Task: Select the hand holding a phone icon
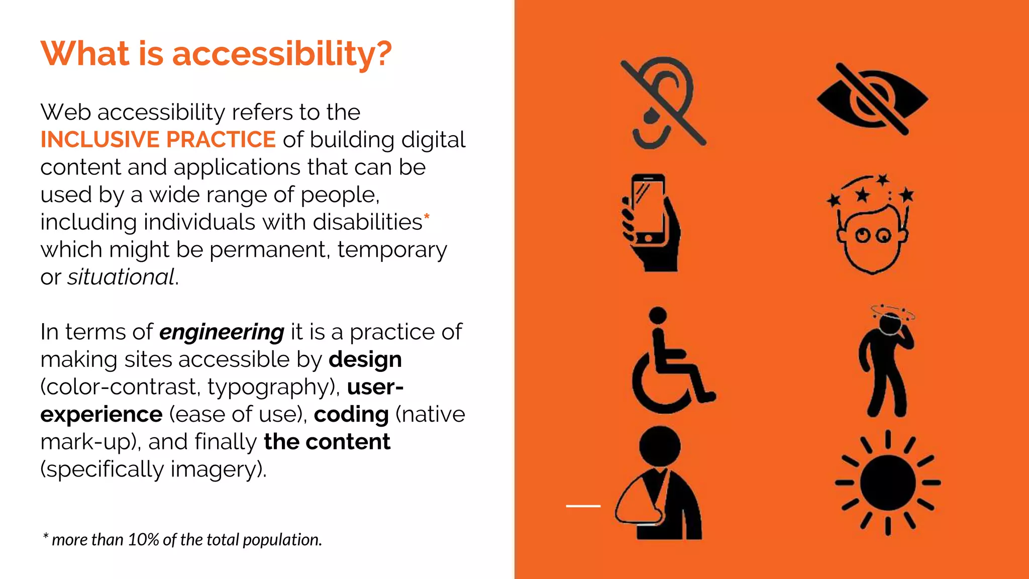(x=651, y=222)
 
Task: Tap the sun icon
(x=888, y=482)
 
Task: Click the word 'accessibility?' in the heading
(x=281, y=54)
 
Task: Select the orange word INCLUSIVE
(x=99, y=140)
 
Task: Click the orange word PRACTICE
(x=221, y=140)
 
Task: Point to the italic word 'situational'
(x=121, y=277)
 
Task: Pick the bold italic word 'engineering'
(x=222, y=332)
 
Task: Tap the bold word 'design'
(x=365, y=360)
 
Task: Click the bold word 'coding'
(x=351, y=415)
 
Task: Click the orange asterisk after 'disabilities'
(x=427, y=217)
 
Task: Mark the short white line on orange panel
(x=583, y=506)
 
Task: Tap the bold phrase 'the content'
(x=327, y=442)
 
